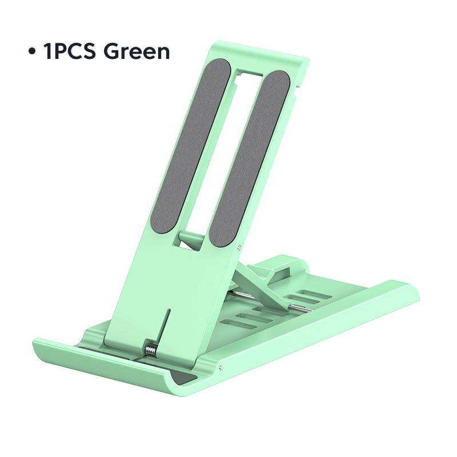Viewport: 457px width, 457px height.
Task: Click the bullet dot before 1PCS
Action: [x=32, y=51]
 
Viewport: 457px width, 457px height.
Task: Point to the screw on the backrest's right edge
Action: [x=238, y=247]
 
